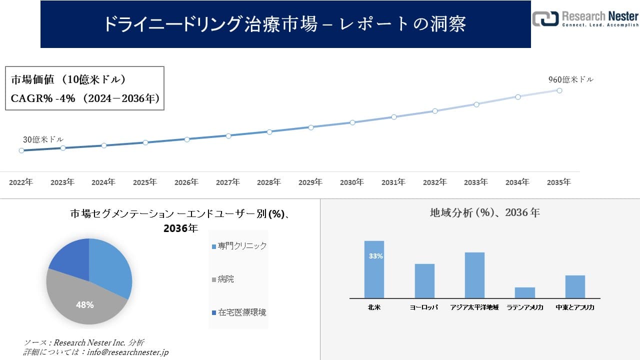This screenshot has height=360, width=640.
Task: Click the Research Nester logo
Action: pos(585,18)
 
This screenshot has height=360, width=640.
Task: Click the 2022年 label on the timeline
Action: pos(21,182)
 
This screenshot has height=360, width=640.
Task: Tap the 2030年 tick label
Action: pos(352,182)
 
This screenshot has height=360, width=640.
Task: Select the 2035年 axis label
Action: pos(559,182)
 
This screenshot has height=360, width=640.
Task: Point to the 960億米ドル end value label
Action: pos(570,79)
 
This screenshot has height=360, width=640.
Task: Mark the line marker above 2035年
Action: pos(559,90)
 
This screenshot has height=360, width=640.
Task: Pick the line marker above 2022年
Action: pos(21,150)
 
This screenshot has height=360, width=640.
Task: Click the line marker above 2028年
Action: pos(269,132)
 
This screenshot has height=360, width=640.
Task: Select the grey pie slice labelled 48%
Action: pos(82,300)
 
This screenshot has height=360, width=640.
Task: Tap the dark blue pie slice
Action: pos(70,257)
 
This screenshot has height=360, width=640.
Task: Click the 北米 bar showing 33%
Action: pos(374,269)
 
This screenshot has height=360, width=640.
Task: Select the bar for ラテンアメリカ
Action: pos(525,292)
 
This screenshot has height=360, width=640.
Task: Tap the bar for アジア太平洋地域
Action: pos(474,275)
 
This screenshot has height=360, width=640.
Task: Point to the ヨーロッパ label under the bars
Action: pos(424,307)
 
